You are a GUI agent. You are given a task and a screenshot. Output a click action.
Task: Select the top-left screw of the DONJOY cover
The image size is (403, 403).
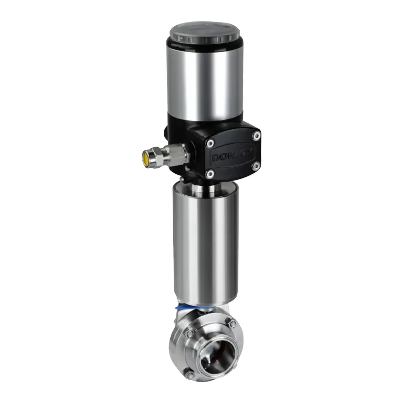point(211,143)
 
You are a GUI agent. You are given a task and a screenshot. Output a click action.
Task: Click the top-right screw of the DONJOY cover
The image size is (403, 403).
point(256,136)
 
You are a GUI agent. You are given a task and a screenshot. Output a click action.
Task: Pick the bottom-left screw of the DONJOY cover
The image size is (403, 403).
point(210,174)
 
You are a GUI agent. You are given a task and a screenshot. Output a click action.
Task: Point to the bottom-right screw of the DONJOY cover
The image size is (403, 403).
point(255,167)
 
